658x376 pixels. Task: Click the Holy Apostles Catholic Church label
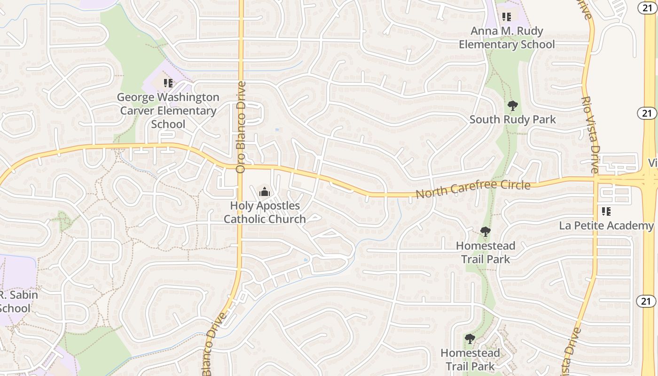tap(265, 212)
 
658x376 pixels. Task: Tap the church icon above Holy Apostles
tap(265, 192)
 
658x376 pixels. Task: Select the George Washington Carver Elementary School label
tap(168, 110)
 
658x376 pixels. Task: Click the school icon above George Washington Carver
tap(168, 83)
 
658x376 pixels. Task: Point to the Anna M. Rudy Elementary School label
tap(507, 38)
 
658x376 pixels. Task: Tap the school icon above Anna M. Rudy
tap(506, 17)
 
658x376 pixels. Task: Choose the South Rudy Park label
tap(513, 119)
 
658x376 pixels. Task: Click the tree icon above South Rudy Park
tap(513, 106)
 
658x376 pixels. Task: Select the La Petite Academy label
tap(606, 226)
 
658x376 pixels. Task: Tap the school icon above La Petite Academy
tap(606, 211)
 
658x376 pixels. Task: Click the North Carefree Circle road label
tap(473, 189)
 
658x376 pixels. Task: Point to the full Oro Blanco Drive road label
tap(241, 127)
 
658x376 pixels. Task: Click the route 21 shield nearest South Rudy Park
tap(647, 113)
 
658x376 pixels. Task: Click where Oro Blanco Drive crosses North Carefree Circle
tap(241, 166)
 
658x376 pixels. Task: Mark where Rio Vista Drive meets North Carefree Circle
tap(595, 180)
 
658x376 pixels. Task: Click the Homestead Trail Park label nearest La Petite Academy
tap(486, 252)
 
